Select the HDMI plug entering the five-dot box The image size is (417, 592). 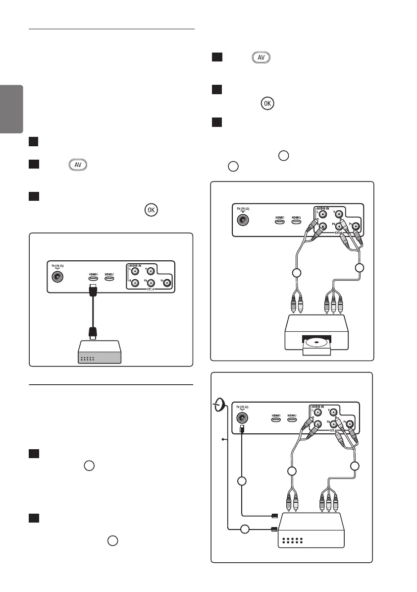click(x=93, y=333)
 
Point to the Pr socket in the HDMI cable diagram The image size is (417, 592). click(x=167, y=284)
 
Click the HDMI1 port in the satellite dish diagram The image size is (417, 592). click(x=276, y=419)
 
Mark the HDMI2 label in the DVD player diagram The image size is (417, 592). click(x=297, y=217)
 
